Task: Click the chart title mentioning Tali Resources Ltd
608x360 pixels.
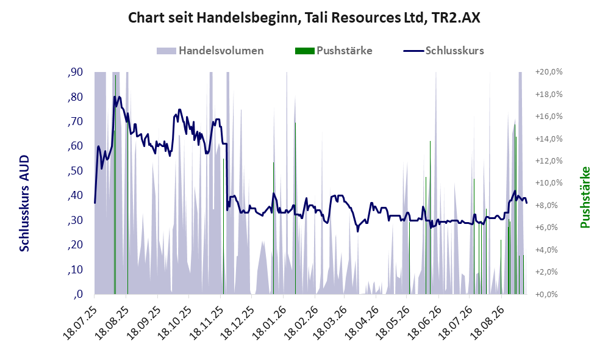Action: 304,18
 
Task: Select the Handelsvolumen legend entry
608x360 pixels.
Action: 210,51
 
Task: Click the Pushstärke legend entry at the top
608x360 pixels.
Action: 334,51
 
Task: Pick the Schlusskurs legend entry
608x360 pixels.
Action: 443,51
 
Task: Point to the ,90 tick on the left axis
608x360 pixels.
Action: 75,72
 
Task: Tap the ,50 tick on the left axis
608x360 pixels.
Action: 75,171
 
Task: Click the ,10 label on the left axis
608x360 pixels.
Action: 75,270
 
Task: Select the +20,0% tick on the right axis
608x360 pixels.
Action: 549,72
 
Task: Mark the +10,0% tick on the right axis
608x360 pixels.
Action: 549,183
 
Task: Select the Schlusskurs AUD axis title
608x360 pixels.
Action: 24,203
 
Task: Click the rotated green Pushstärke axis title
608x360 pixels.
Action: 585,197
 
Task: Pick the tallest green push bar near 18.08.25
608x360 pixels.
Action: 115,185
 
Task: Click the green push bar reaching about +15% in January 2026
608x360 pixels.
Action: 295,208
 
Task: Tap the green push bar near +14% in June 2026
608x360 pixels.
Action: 430,218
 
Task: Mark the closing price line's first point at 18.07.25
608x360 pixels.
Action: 95,203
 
